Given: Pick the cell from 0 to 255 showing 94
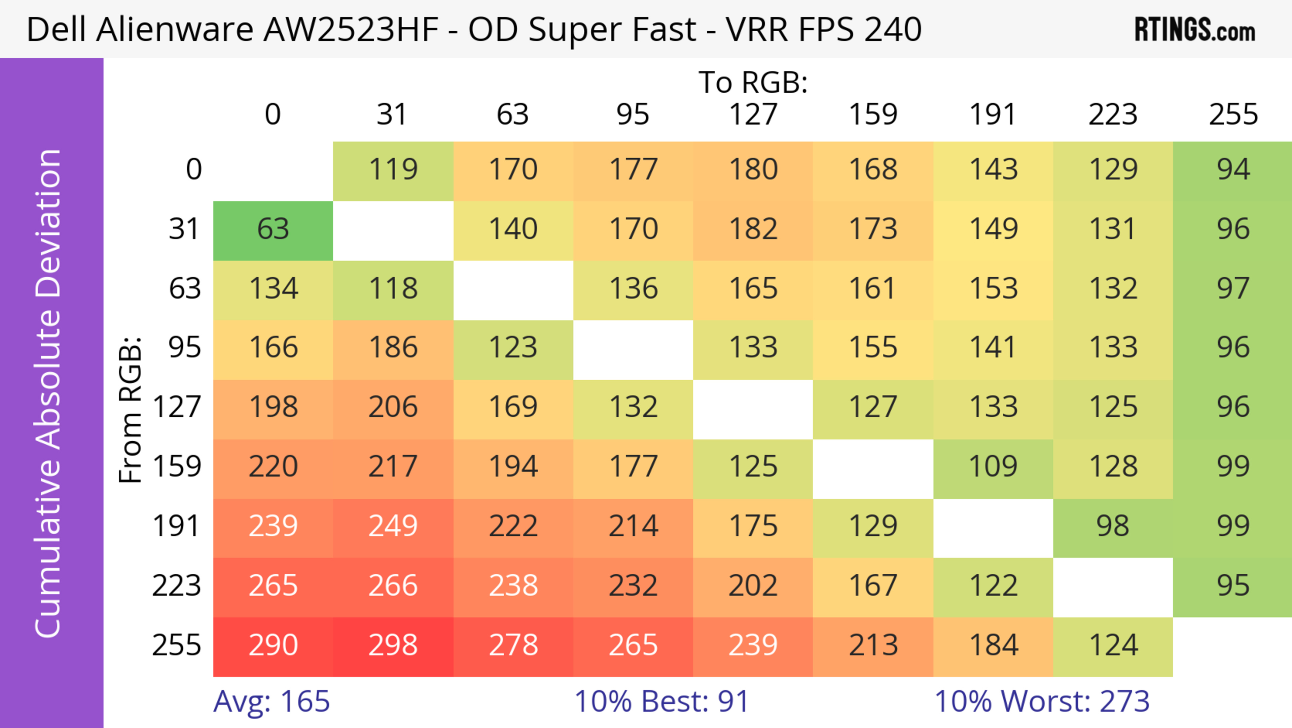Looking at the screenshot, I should tap(1233, 170).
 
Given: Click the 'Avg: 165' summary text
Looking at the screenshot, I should tap(271, 701).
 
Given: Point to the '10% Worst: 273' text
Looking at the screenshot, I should tap(1042, 701).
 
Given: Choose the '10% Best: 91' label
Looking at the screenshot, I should tap(661, 701).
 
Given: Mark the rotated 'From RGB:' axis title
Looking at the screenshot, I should tap(131, 409).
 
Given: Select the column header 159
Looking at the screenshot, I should tap(873, 115).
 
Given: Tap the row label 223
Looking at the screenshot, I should tap(177, 586).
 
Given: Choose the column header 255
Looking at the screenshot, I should tap(1233, 115).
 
